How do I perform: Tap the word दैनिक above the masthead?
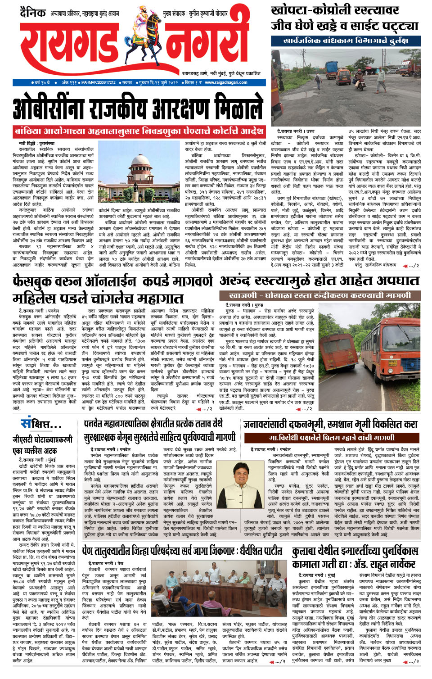[x=32, y=13]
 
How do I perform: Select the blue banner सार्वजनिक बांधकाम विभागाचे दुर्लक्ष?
[x=346, y=41]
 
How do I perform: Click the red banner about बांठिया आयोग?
[x=139, y=131]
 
